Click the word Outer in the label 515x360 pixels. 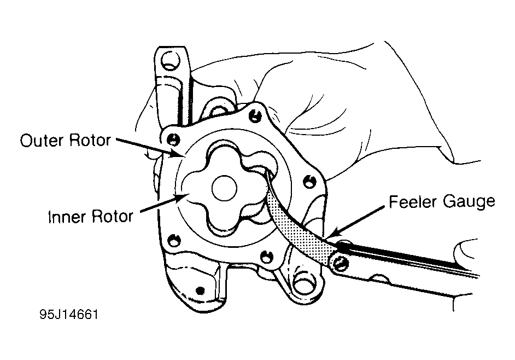click(x=42, y=141)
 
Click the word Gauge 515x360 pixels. click(x=468, y=202)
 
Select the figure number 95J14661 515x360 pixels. click(x=69, y=316)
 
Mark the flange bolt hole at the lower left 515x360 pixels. click(x=173, y=240)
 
